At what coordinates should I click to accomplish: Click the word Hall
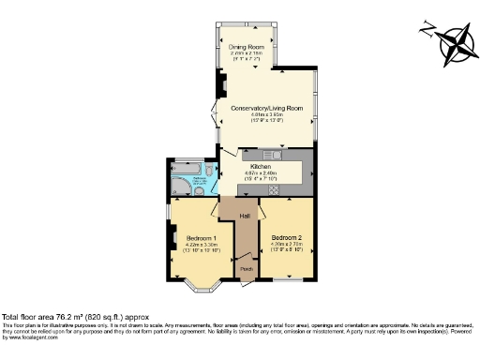click(x=244, y=217)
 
